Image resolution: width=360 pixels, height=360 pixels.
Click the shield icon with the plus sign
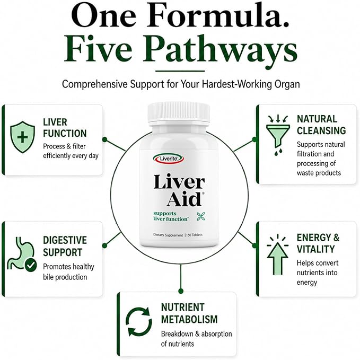(22, 137)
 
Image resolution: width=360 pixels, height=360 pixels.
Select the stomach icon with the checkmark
(22, 253)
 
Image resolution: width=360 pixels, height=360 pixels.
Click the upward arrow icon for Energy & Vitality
(278, 254)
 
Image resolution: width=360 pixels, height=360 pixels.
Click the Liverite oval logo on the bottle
(169, 159)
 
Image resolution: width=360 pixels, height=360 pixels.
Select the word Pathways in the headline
(220, 50)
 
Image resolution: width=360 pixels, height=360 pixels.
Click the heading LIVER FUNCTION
(65, 128)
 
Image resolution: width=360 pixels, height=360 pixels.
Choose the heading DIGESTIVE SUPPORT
(65, 246)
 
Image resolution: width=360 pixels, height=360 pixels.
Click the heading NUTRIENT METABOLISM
(189, 313)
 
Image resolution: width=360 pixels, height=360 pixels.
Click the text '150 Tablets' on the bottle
(194, 235)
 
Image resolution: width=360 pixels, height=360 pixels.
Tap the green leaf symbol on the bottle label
(200, 216)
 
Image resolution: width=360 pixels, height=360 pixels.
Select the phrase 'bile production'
(65, 277)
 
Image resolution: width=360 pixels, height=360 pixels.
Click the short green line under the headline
(180, 71)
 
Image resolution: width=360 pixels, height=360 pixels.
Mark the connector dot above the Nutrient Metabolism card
(181, 291)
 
